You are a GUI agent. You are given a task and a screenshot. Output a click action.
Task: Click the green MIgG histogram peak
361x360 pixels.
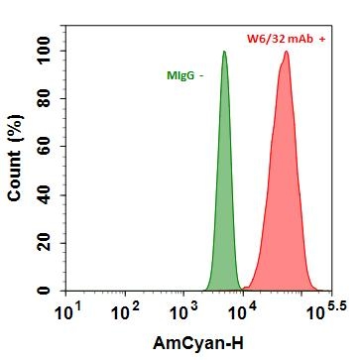(x=224, y=55)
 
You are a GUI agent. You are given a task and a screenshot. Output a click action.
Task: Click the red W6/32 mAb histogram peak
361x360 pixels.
(x=286, y=54)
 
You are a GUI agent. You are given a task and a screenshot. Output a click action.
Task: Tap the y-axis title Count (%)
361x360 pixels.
(x=15, y=165)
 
